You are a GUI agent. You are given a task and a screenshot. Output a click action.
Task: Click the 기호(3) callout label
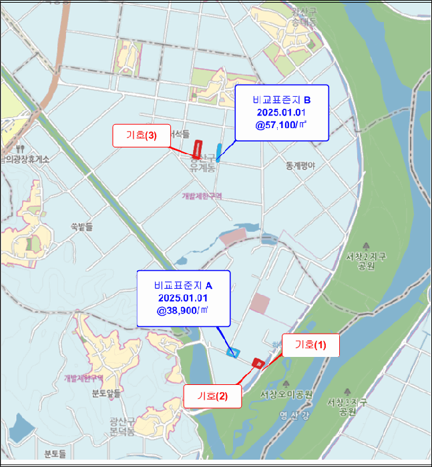tap(141, 135)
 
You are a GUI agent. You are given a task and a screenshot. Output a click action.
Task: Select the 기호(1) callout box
tap(310, 345)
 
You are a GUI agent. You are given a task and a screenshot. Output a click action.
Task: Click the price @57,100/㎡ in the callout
tap(280, 124)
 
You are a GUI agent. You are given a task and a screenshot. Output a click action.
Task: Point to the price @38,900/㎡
tap(183, 310)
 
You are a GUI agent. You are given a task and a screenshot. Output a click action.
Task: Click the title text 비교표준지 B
tap(281, 99)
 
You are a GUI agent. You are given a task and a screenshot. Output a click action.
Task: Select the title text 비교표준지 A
tap(183, 285)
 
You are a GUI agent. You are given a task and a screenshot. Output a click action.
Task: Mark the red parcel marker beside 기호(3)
tap(197, 149)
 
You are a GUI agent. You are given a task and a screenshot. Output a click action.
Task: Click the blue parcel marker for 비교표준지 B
tap(219, 152)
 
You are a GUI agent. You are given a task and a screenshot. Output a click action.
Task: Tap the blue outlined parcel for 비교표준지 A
tap(233, 352)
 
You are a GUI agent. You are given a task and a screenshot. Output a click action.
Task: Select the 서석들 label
tap(179, 135)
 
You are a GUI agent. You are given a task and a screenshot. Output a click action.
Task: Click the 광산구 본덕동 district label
tap(122, 426)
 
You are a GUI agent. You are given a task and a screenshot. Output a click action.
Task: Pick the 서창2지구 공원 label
tap(366, 260)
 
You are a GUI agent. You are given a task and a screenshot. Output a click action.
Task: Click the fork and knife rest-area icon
tap(22, 148)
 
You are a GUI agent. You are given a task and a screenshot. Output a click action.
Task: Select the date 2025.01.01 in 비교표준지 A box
tap(183, 298)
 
